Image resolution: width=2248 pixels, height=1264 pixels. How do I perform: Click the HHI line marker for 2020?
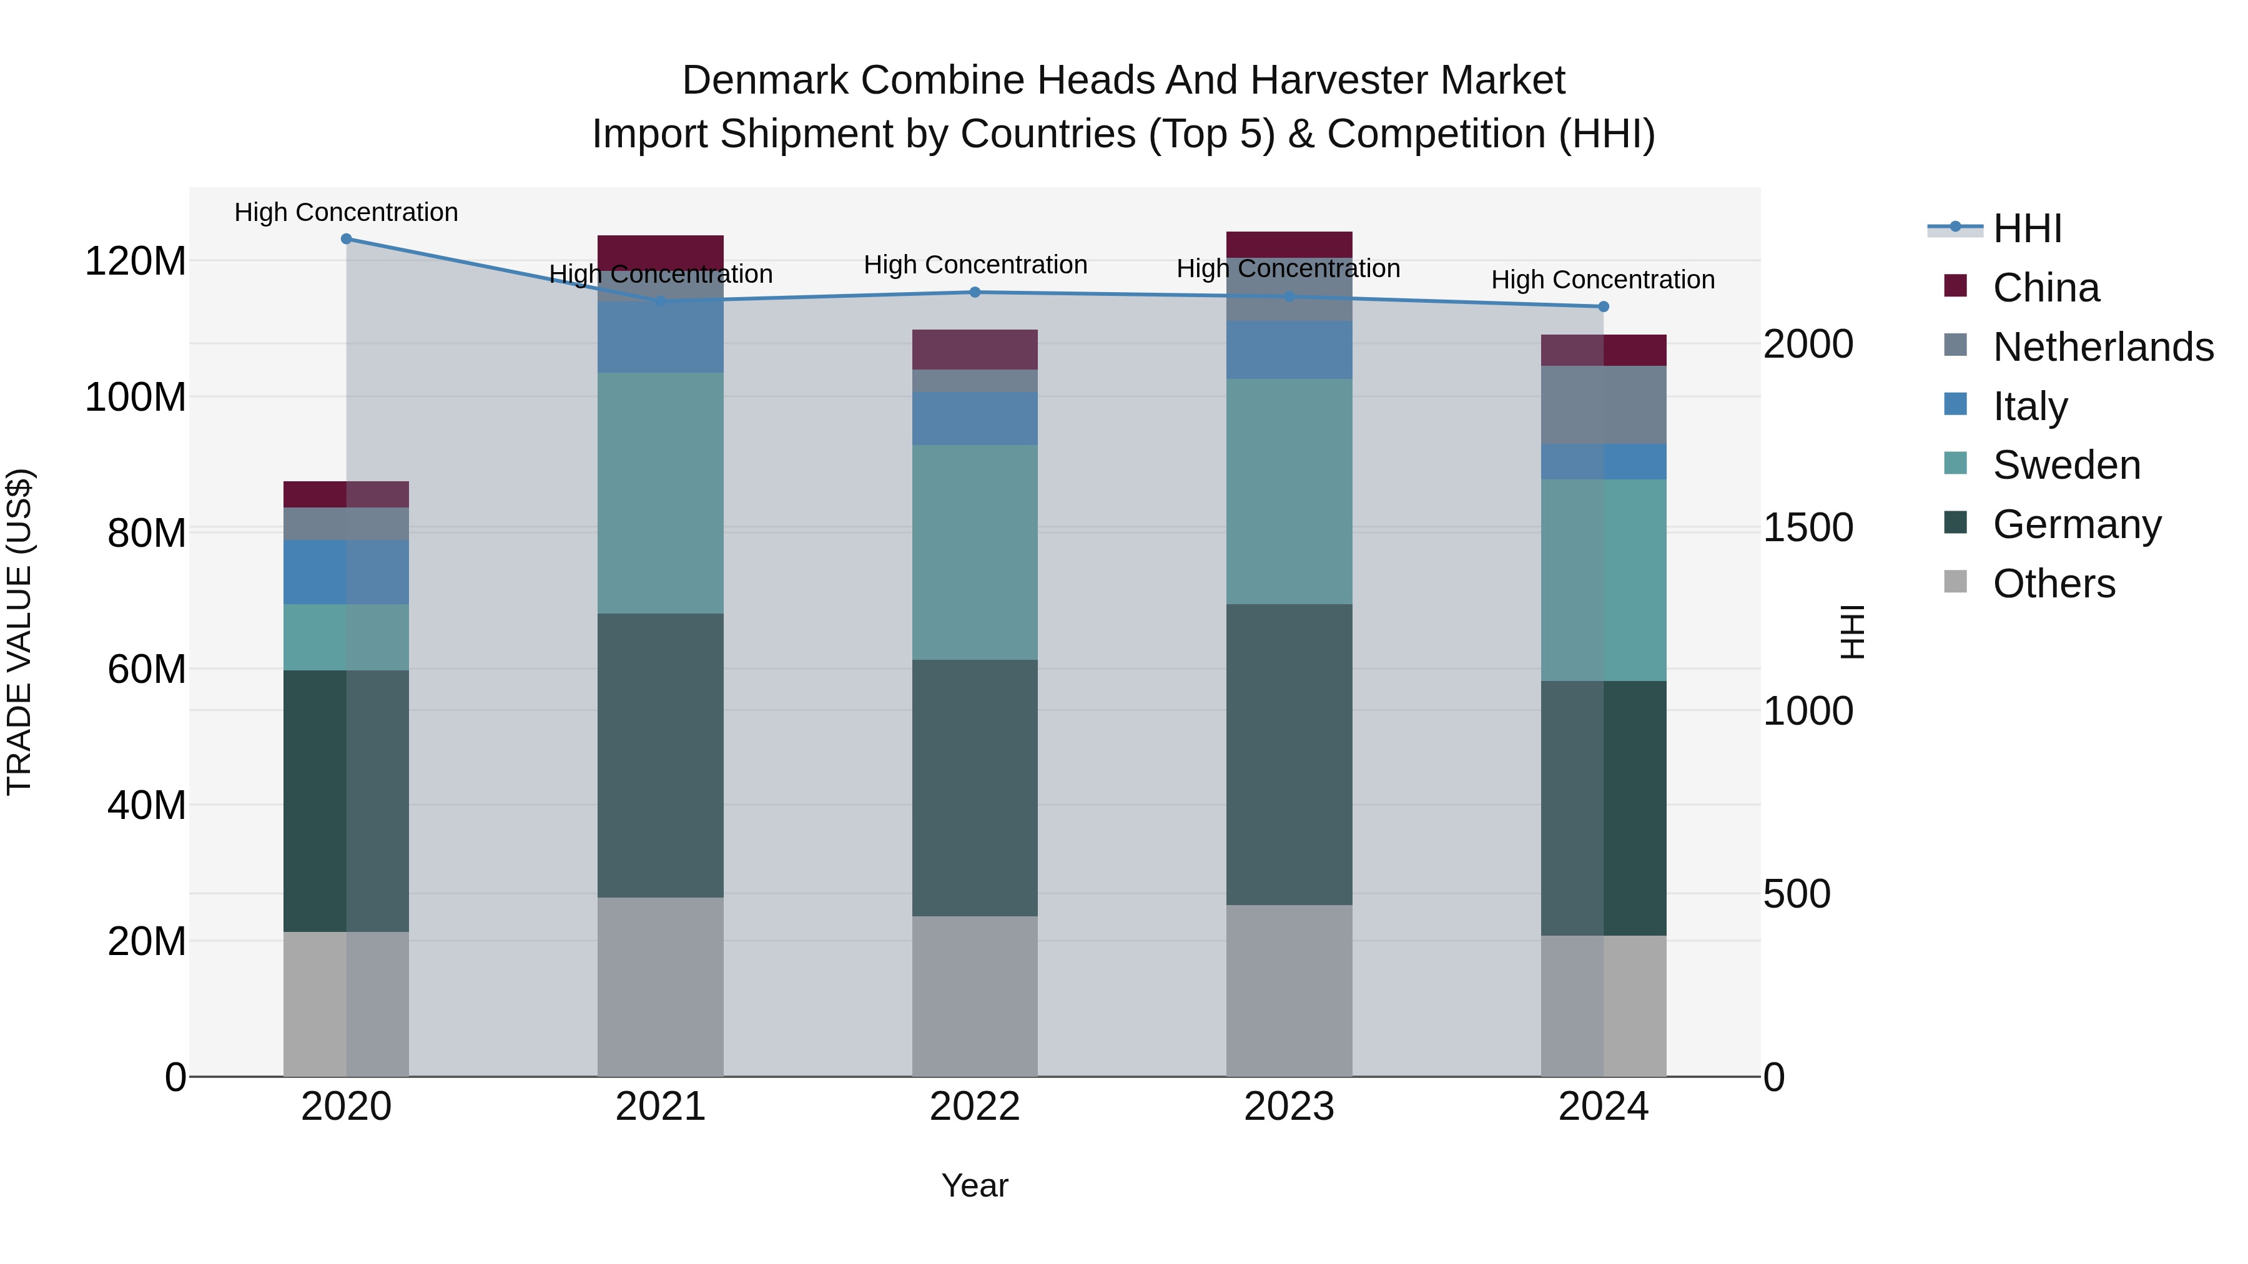[347, 238]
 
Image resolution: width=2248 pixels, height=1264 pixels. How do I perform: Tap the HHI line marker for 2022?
[975, 292]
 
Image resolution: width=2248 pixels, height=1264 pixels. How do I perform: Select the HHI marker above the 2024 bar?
[1603, 306]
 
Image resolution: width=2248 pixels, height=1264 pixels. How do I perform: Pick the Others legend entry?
[2053, 584]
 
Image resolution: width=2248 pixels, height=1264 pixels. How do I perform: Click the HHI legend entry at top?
[2027, 228]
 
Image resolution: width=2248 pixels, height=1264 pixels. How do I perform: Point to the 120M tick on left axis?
[136, 261]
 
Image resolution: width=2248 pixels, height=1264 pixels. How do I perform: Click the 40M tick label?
[145, 805]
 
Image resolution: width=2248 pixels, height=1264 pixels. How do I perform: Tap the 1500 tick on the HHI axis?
[1807, 527]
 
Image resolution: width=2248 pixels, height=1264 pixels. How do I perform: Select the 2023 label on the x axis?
[1289, 1107]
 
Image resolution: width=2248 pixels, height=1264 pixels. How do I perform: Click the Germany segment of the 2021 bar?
[661, 755]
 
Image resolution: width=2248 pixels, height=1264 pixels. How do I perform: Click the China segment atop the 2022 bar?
[975, 349]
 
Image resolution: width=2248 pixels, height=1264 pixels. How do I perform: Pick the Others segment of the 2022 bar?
[975, 996]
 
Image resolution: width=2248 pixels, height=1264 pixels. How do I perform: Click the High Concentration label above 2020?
[347, 212]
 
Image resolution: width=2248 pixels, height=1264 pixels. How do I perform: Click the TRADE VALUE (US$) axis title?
[19, 632]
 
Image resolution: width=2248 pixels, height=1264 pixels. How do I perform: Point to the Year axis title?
[975, 1185]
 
